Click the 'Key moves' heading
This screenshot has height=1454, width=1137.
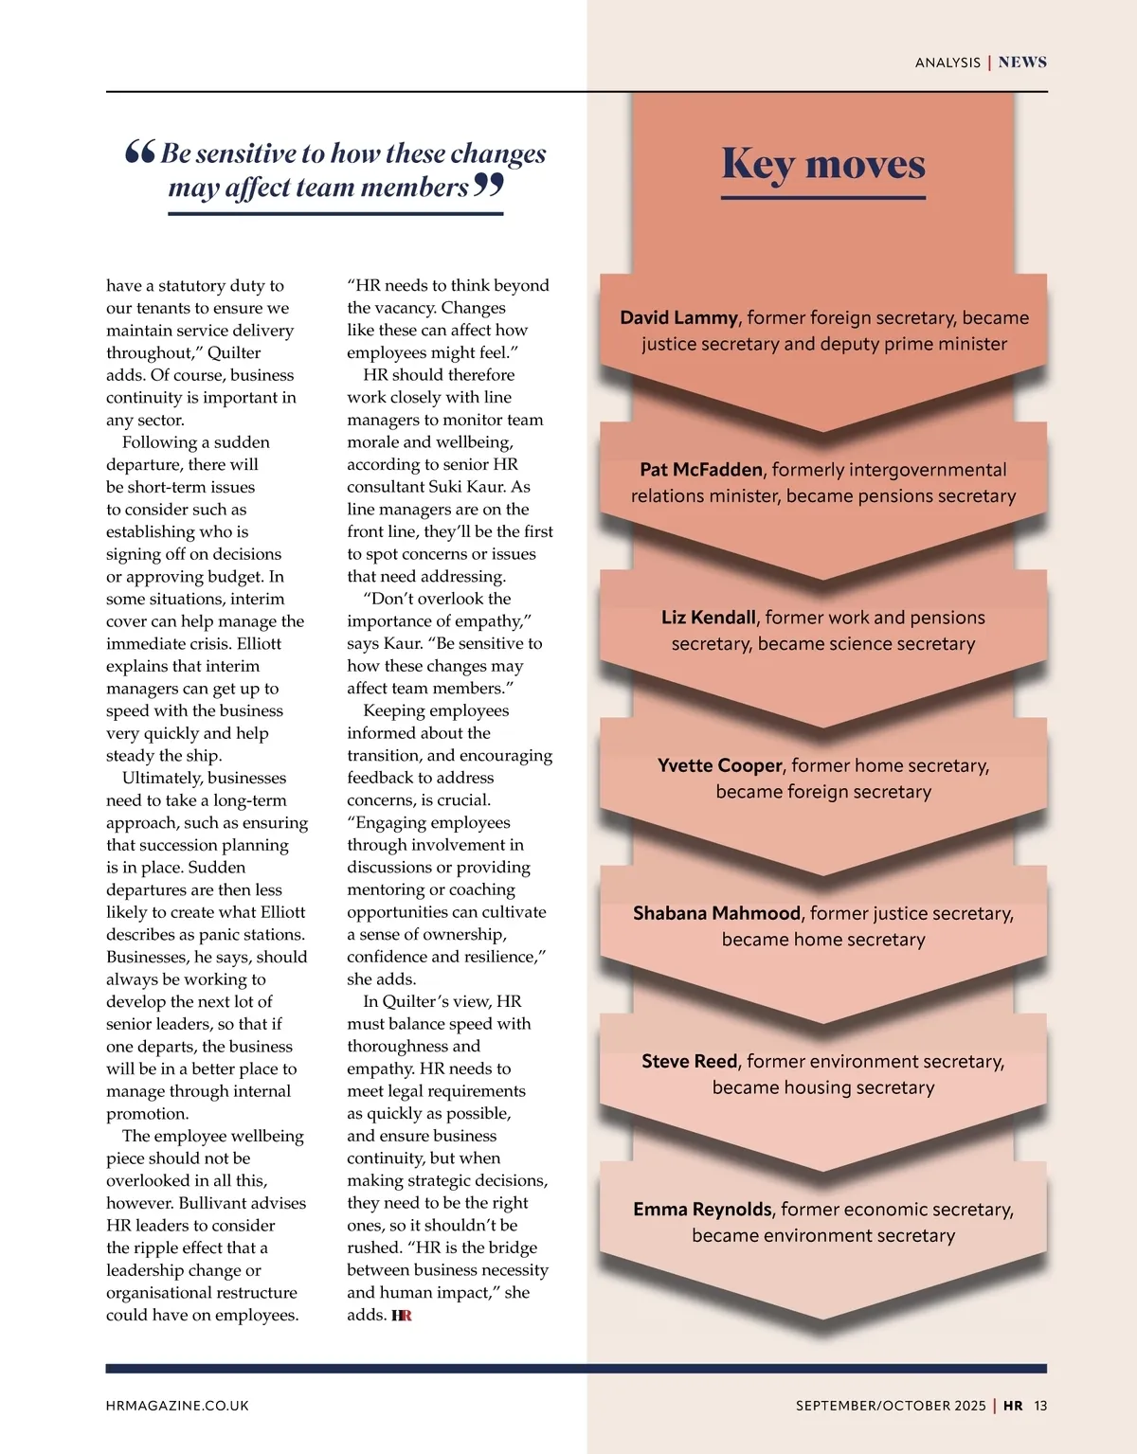pos(822,164)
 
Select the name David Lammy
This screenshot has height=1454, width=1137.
pos(678,317)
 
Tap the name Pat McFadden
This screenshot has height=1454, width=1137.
pos(700,470)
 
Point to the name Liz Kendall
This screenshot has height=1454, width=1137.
pos(708,618)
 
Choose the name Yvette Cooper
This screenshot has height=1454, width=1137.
pos(719,765)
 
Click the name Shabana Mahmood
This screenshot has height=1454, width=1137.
pos(716,913)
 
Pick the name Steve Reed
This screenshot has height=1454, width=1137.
pos(689,1061)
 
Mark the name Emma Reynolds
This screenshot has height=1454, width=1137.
pos(702,1210)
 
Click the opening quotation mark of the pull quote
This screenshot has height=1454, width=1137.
pos(139,152)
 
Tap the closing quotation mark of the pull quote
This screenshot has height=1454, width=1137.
pos(488,185)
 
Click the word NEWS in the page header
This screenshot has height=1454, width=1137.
pos(1022,63)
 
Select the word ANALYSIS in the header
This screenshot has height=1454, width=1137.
pos(947,63)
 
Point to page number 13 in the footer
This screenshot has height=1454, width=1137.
pos(1040,1406)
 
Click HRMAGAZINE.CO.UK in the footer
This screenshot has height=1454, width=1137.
pos(177,1406)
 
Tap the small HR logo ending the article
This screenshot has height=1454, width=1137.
pos(402,1316)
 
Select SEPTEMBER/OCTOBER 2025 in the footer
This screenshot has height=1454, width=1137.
pos(891,1406)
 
